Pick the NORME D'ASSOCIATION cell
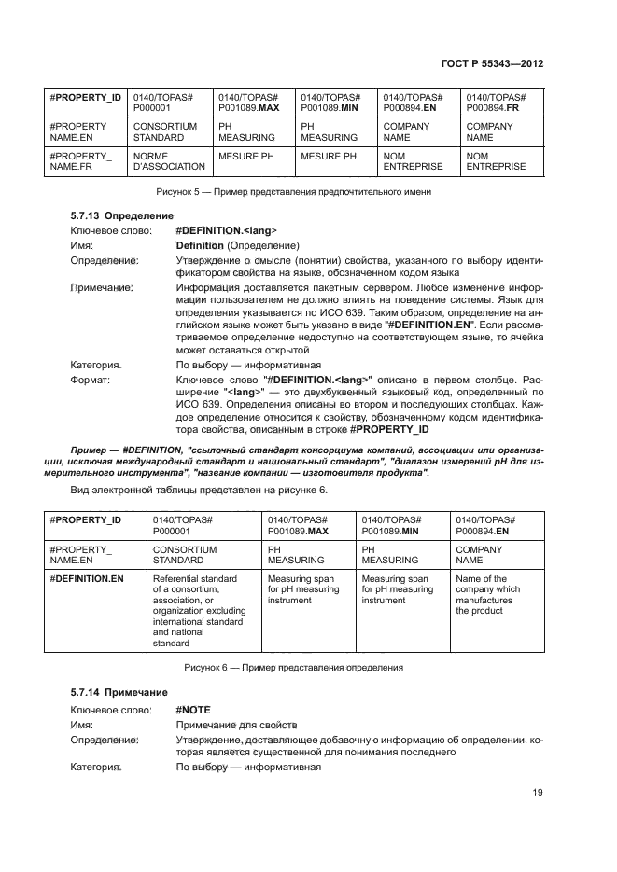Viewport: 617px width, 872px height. pos(169,161)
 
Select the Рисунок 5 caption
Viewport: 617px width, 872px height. pos(292,191)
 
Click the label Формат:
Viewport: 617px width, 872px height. pos(91,380)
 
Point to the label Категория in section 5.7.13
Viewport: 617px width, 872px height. pos(95,365)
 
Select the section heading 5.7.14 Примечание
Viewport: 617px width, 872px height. pos(112,693)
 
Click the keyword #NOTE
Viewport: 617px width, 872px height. pos(194,709)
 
